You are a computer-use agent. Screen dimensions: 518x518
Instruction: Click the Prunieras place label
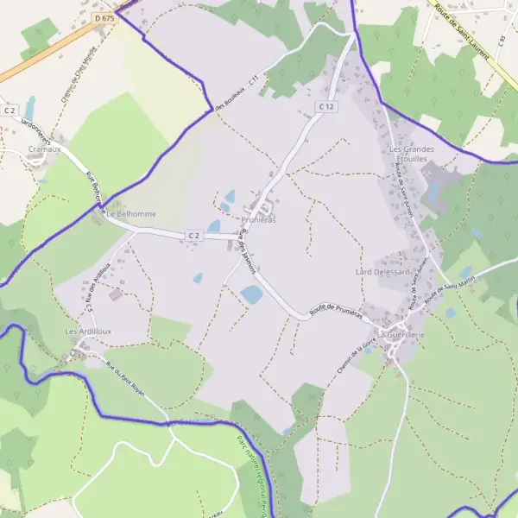258,220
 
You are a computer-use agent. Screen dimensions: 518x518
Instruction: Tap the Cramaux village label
44,148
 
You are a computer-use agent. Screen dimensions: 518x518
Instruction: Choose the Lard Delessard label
382,272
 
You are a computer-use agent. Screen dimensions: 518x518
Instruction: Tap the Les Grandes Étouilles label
412,154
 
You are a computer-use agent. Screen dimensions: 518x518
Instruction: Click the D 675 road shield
105,18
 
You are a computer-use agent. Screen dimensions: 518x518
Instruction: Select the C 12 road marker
325,106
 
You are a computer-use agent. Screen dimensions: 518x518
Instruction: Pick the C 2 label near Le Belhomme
193,235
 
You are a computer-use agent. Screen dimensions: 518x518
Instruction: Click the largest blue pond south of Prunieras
251,294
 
